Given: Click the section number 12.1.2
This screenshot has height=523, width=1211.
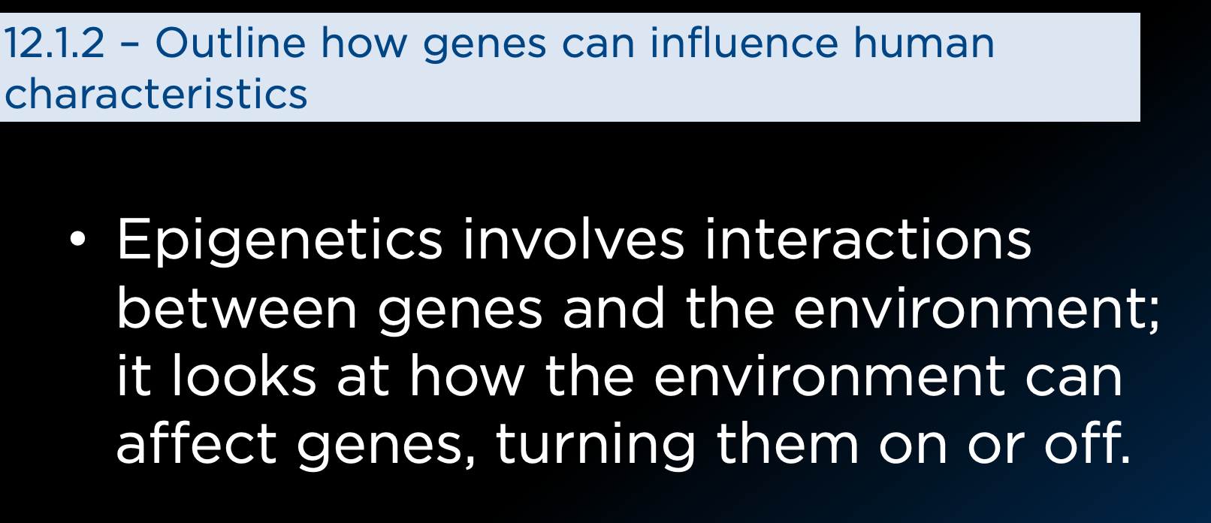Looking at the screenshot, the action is (53, 44).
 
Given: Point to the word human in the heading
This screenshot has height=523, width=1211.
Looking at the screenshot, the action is (924, 43).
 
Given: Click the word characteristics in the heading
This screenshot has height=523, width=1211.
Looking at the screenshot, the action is (156, 93).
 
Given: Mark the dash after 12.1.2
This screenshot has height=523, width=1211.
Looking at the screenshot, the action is (129, 45).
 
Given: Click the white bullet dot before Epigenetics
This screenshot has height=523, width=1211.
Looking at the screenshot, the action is (78, 239).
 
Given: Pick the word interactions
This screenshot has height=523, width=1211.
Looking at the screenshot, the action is (868, 239).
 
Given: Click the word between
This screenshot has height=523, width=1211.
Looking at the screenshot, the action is (237, 307).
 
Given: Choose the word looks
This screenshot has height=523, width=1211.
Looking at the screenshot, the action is (243, 375).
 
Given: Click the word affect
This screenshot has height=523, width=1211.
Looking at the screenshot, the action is (196, 443).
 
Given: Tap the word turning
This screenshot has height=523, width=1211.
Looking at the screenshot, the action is (595, 446).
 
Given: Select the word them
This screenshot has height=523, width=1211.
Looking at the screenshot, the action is (787, 443).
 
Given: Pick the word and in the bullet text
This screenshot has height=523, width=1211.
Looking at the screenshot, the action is (614, 307).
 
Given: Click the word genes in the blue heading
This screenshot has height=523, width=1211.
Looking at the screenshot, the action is (485, 47).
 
